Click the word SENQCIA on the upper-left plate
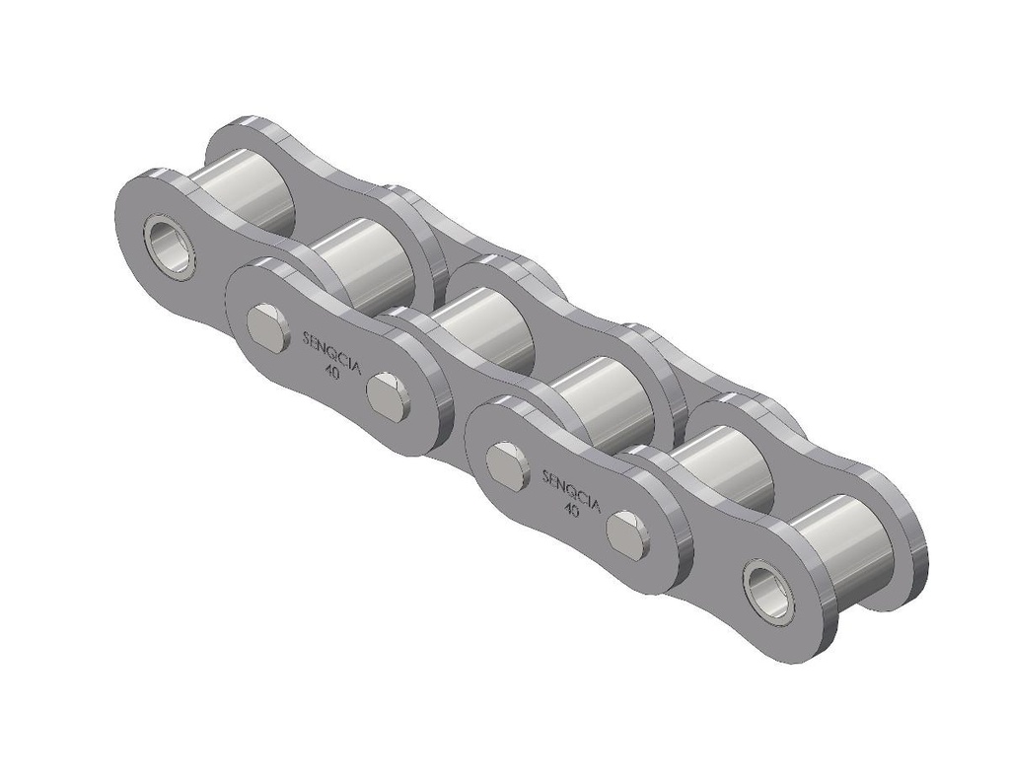click(x=330, y=351)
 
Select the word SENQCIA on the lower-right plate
click(x=571, y=490)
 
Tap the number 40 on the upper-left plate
click(x=333, y=373)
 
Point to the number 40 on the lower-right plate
click(x=570, y=510)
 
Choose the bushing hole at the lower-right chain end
click(x=768, y=591)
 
